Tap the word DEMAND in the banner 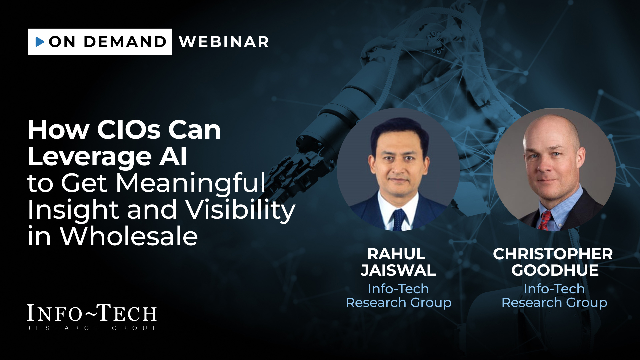click(x=125, y=42)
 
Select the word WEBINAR click(x=224, y=42)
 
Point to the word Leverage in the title click(x=90, y=157)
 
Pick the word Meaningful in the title click(x=191, y=183)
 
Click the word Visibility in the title click(x=240, y=210)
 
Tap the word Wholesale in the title click(x=129, y=236)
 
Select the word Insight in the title click(x=73, y=210)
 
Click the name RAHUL click(x=397, y=254)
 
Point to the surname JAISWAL click(x=398, y=270)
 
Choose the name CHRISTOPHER click(x=553, y=254)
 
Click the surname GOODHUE click(x=555, y=270)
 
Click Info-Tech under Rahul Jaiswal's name click(x=398, y=289)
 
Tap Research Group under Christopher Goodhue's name click(x=554, y=303)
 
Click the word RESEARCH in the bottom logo click(x=63, y=328)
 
